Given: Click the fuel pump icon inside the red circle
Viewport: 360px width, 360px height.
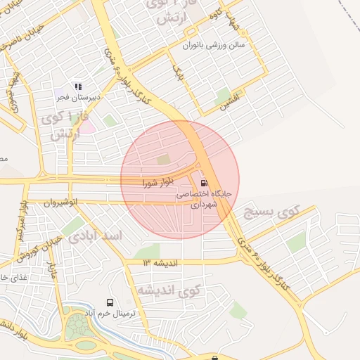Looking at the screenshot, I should pyautogui.click(x=204, y=177).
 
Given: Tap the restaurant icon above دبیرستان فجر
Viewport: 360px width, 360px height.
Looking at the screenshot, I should pyautogui.click(x=78, y=86).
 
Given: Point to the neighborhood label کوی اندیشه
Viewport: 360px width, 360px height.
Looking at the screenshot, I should pyautogui.click(x=169, y=289).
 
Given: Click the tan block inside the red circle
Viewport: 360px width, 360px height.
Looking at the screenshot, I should pyautogui.click(x=163, y=160).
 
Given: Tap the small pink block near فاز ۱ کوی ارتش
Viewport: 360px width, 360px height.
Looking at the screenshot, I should pyautogui.click(x=87, y=127).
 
